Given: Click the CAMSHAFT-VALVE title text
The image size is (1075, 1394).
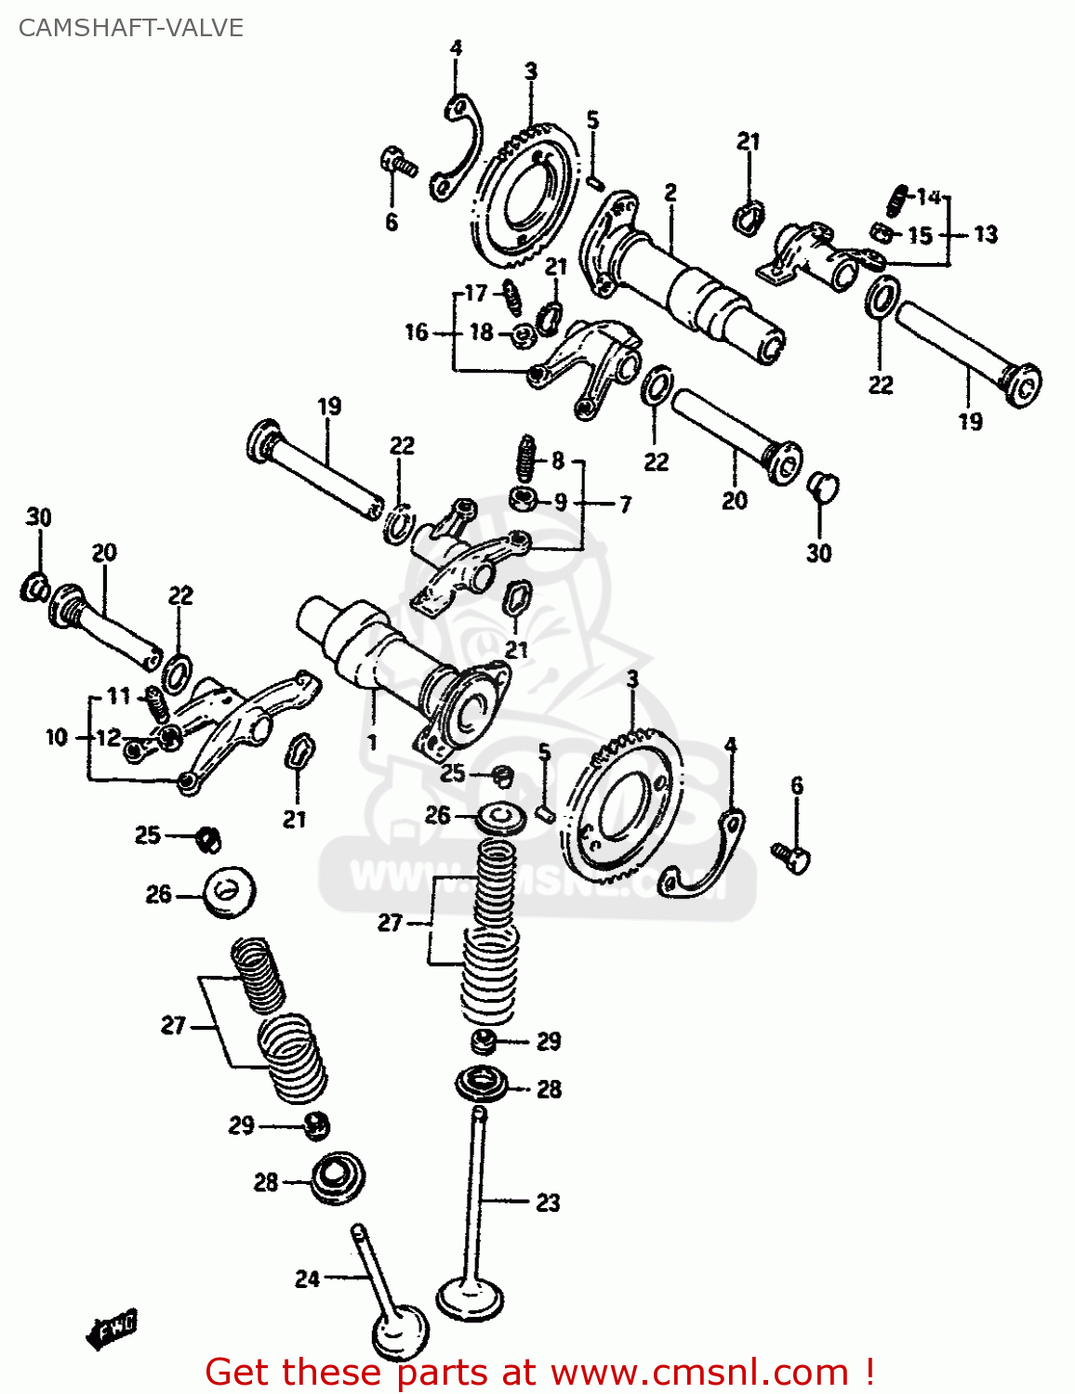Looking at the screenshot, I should tap(130, 28).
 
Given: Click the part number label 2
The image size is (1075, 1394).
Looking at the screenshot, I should tap(670, 192).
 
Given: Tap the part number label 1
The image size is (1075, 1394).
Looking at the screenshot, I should tap(373, 743).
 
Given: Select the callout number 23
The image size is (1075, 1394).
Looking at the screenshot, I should tap(548, 1203).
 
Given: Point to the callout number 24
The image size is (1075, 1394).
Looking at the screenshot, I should tap(308, 1279).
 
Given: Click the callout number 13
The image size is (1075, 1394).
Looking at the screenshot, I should tap(986, 234).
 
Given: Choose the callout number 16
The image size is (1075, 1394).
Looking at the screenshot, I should tap(417, 332).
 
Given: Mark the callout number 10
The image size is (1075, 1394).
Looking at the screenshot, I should tap(57, 737).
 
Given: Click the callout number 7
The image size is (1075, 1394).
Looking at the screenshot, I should tap(625, 504).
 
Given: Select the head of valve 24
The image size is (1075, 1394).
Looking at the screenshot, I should tap(401, 1334).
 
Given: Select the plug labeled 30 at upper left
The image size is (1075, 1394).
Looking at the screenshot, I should tap(35, 586).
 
